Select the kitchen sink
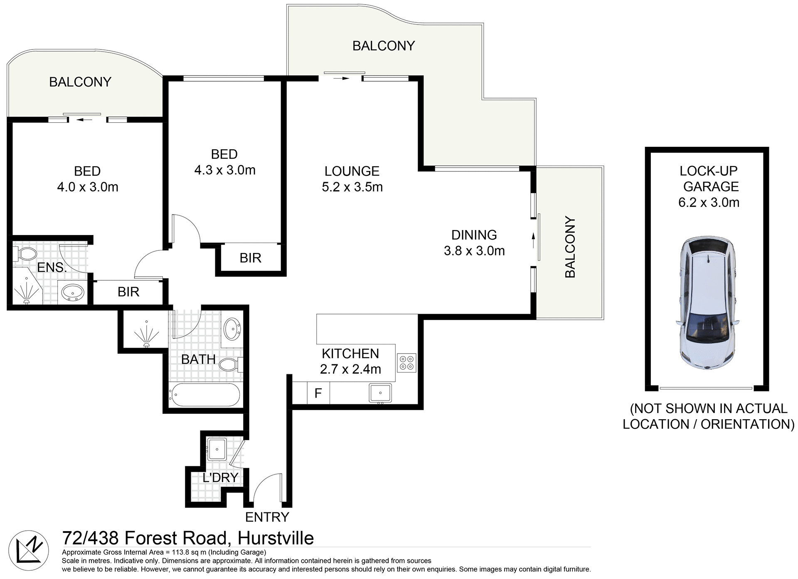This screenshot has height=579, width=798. point(380,393)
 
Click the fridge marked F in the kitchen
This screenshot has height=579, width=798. point(318,393)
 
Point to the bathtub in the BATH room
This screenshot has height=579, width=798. point(204,395)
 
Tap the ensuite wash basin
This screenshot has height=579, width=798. point(72,292)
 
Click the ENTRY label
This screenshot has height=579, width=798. point(267,517)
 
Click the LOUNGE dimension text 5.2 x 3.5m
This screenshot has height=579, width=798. point(352,187)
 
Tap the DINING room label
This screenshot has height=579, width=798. point(474,235)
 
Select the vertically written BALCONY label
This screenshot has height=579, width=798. point(570,247)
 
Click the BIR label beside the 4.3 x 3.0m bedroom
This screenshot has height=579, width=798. point(250,258)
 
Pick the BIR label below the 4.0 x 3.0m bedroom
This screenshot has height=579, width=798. point(128,292)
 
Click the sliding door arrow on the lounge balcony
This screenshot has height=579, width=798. point(342,78)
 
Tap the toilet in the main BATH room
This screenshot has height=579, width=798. point(229,365)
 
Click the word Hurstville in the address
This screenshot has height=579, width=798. point(276,538)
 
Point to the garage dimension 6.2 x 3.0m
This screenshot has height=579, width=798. point(709,203)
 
